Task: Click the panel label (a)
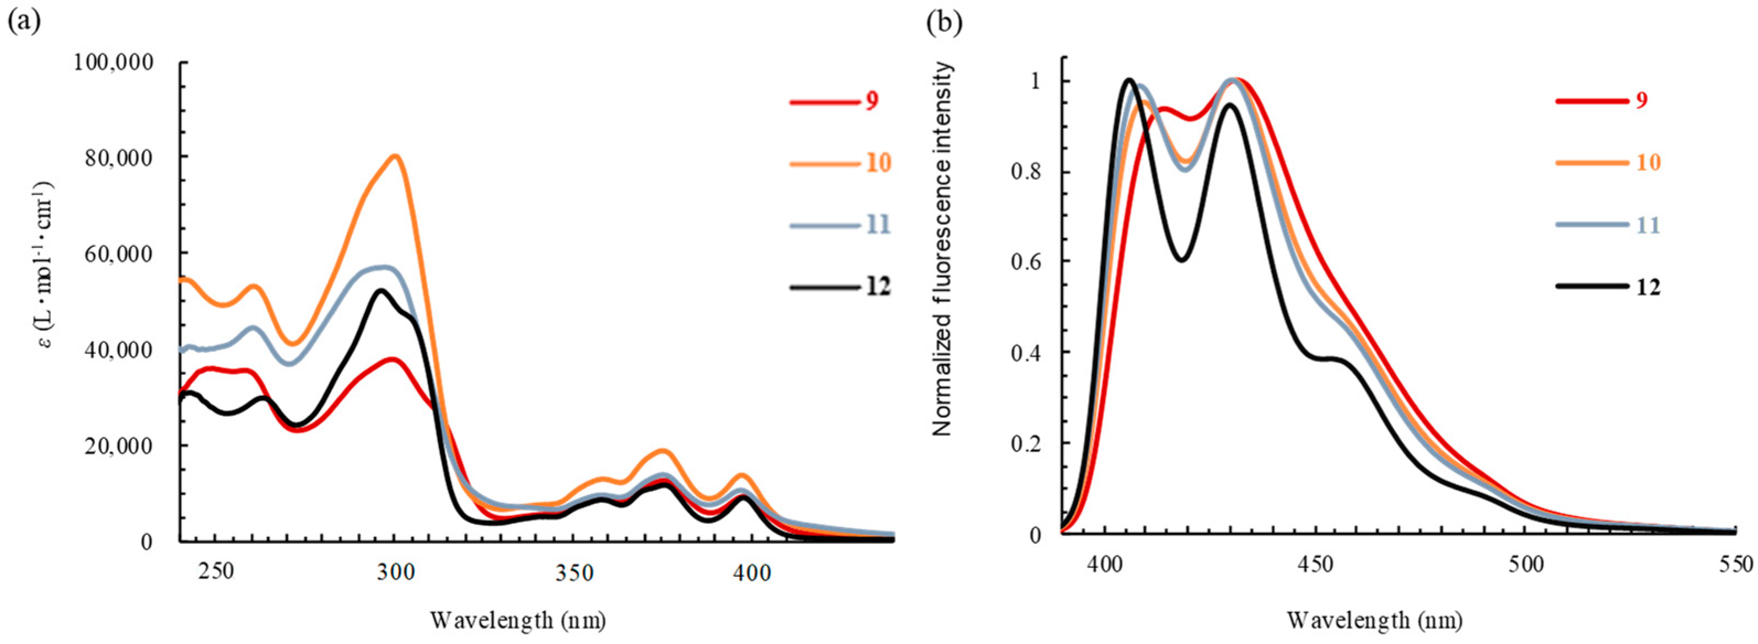point(23,22)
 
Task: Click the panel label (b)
point(944,22)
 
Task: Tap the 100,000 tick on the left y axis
point(114,63)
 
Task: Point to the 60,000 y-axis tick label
point(120,254)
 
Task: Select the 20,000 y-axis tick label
point(120,446)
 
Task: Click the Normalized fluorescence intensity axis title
point(943,249)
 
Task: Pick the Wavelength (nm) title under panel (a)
point(518,620)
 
